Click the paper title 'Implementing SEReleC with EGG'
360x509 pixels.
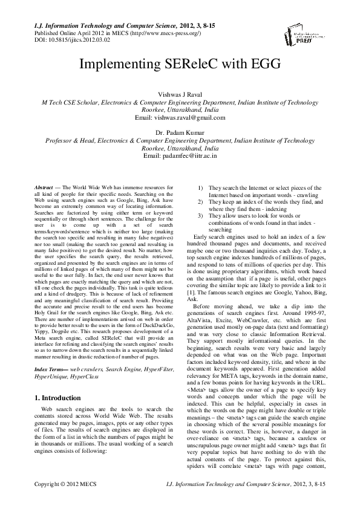(180, 65)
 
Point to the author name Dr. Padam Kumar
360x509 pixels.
(180, 132)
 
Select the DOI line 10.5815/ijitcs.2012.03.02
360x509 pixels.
(65, 39)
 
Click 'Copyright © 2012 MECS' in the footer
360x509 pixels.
(65, 501)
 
